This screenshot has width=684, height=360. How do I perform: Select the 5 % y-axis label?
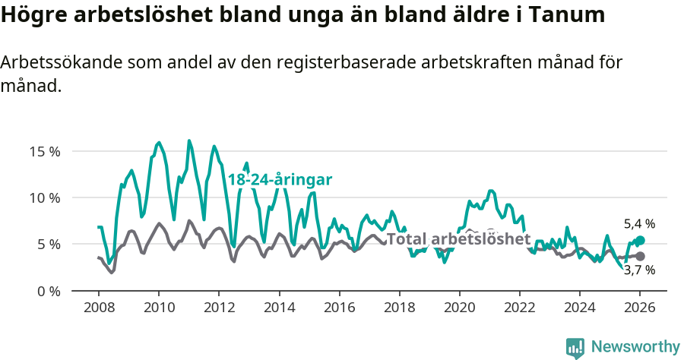48,245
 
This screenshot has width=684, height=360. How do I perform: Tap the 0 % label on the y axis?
48,291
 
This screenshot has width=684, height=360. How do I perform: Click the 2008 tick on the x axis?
98,309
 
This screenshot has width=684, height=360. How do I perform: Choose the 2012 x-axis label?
218,309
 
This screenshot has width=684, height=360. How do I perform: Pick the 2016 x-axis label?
339,309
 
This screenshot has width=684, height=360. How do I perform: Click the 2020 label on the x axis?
459,309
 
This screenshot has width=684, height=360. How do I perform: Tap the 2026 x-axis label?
640,309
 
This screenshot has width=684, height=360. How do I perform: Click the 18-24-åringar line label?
280,180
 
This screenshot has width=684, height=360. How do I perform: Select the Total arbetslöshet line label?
458,238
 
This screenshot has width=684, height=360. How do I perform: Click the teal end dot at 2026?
640,241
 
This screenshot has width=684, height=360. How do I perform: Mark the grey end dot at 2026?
640,257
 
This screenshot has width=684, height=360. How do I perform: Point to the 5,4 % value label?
639,224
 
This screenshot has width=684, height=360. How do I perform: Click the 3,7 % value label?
639,270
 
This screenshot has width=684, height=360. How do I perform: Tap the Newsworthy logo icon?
575,347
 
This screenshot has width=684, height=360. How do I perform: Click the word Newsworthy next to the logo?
635,347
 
